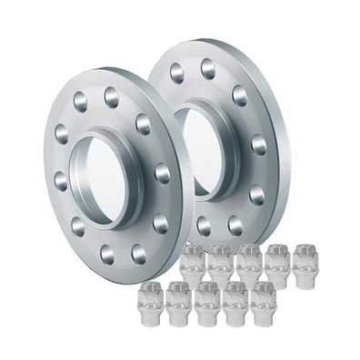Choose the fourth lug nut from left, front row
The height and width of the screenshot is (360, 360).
coord(235,301)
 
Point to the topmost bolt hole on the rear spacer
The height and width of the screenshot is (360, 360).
coord(208,65)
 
